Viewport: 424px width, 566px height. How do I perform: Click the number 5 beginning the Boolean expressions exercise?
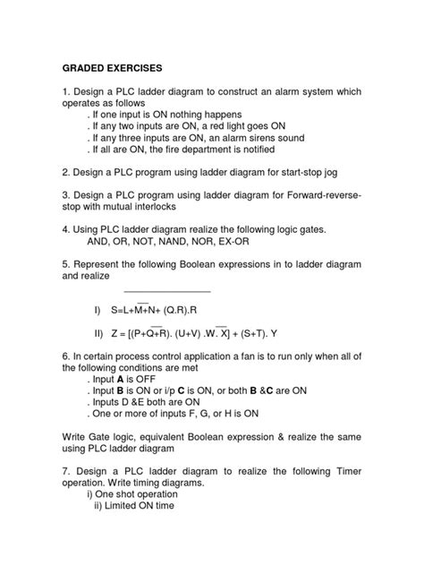pyautogui.click(x=64, y=262)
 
